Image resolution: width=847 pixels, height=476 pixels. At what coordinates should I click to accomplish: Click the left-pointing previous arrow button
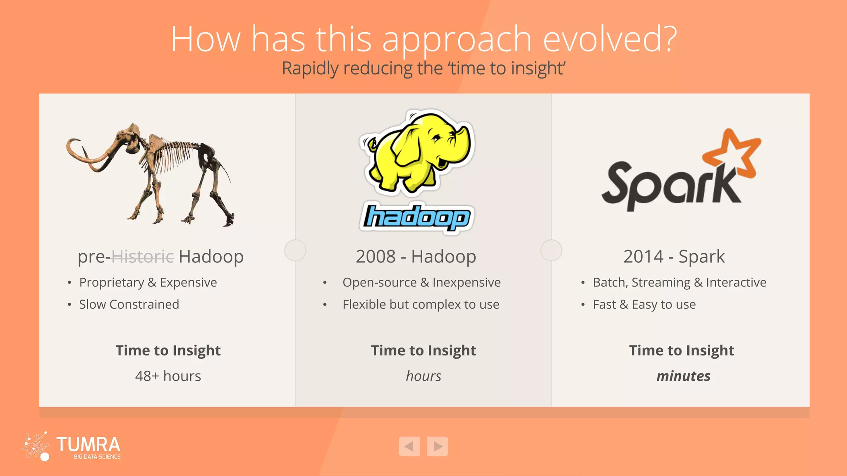pos(409,446)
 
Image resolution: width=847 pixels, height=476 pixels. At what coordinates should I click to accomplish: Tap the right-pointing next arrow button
pos(438,446)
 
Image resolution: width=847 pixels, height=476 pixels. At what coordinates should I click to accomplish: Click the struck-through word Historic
pos(143,257)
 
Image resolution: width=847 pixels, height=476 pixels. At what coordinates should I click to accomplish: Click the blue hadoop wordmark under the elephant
pos(416,217)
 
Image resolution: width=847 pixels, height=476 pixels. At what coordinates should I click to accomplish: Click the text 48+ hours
pos(168,376)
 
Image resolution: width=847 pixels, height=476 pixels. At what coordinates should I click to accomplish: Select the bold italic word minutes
pos(683,376)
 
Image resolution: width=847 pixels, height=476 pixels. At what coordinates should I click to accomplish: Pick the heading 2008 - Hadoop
pos(416,257)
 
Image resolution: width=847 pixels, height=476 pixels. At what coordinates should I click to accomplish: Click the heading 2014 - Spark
pos(674,257)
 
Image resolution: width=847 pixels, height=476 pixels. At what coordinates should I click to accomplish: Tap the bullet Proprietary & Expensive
pos(148,282)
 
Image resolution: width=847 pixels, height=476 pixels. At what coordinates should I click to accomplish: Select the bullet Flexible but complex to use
pos(421,305)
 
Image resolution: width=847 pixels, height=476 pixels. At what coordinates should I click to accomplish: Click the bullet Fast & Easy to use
pos(644,305)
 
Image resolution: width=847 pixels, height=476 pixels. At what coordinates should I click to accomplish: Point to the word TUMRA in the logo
pos(88,445)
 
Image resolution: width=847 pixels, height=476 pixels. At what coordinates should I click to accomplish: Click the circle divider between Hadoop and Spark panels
pos(551,250)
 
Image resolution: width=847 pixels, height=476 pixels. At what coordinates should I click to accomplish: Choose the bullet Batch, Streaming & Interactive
pos(679,282)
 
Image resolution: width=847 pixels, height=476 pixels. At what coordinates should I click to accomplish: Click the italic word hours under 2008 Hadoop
pos(423,376)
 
